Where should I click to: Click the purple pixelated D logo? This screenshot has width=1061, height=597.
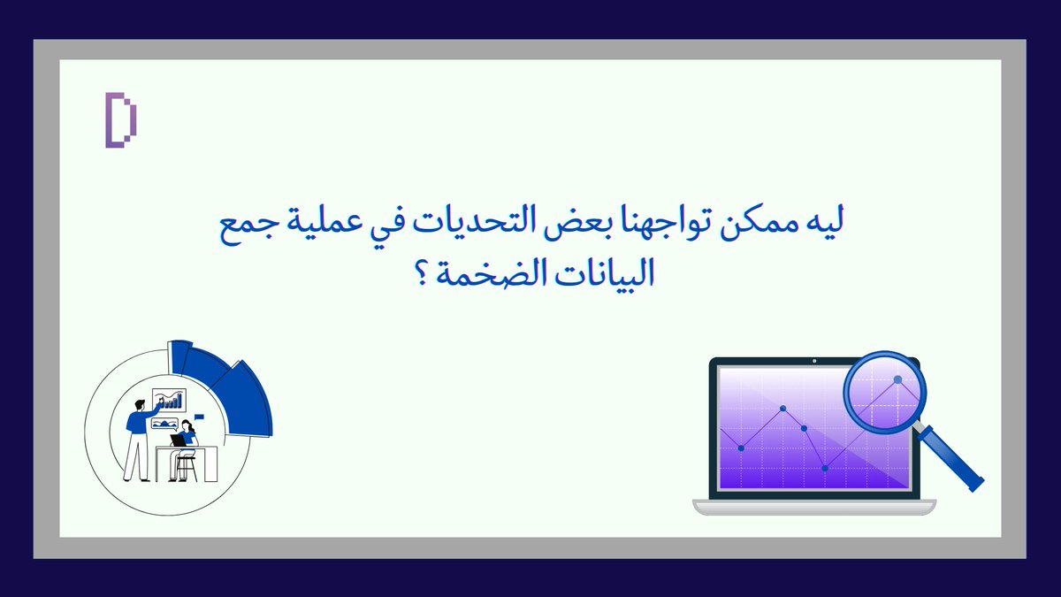click(121, 119)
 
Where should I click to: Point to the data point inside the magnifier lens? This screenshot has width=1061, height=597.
click(897, 379)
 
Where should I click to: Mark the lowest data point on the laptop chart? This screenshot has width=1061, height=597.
click(825, 468)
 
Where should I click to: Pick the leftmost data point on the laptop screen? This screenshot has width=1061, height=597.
click(741, 448)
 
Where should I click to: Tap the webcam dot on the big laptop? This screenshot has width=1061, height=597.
click(814, 361)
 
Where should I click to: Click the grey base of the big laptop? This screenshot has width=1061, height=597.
click(813, 507)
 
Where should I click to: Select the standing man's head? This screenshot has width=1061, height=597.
click(139, 404)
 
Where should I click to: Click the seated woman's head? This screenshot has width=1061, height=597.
click(187, 426)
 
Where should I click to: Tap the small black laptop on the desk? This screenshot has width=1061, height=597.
click(179, 440)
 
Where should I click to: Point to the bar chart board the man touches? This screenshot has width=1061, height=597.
click(170, 400)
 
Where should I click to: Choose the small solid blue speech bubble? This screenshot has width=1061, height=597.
click(199, 416)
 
